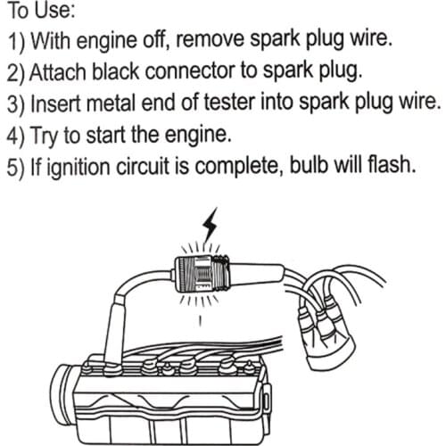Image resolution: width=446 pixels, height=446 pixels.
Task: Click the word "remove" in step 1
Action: [211, 43]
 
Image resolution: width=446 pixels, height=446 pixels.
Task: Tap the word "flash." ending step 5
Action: [390, 165]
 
